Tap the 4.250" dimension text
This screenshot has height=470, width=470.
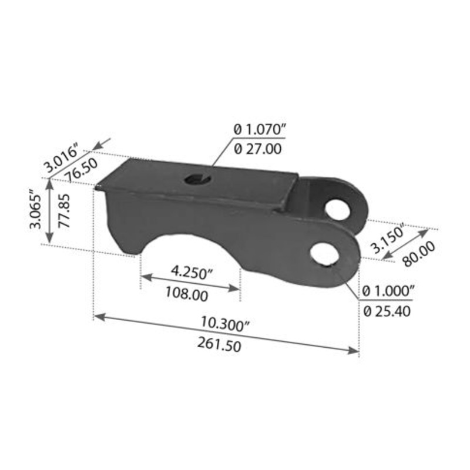click(x=191, y=273)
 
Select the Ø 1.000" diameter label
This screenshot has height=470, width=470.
click(x=390, y=290)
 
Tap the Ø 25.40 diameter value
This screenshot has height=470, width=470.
click(x=387, y=311)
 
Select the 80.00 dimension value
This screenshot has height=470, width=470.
click(x=421, y=254)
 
